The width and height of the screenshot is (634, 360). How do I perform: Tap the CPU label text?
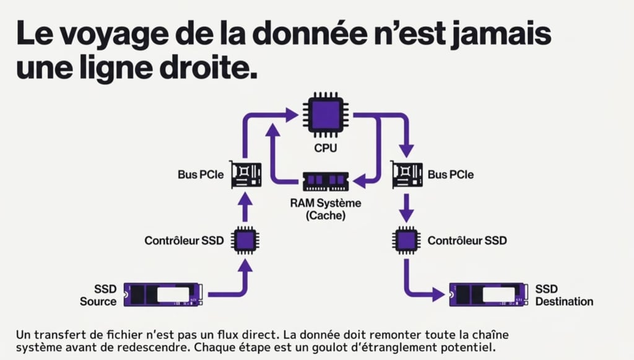tap(325, 149)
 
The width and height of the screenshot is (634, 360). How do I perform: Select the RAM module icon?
tap(325, 182)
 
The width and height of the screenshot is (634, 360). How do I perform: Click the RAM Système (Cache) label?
tap(325, 209)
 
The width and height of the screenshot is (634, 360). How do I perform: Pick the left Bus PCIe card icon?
tap(245, 175)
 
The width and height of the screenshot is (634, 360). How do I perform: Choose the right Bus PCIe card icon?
tap(406, 175)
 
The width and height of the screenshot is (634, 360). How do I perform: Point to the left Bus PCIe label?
tap(201, 175)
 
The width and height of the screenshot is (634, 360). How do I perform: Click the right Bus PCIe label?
tap(451, 175)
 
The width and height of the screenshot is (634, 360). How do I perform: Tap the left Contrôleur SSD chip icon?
tap(245, 240)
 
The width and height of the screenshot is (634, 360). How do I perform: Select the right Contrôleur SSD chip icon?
tap(406, 240)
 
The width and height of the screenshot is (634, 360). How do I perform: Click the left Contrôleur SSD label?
tap(180, 240)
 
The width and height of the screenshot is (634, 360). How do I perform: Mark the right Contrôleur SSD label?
tap(467, 240)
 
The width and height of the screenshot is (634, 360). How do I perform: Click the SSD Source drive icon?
tap(163, 294)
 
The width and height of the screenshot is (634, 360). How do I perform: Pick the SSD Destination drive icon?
tap(489, 294)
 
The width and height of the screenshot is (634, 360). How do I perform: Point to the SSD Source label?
tap(98, 295)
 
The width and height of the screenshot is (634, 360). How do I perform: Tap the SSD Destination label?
tap(564, 295)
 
